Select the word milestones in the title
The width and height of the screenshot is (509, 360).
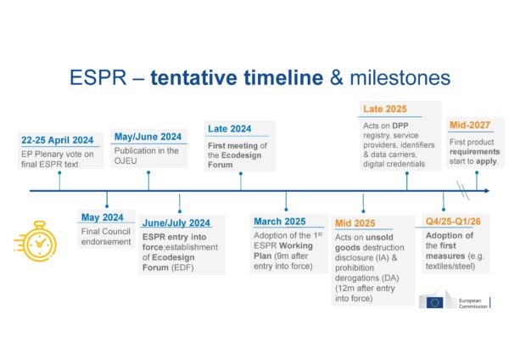pos(396,79)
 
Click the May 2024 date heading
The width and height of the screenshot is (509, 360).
pos(101,217)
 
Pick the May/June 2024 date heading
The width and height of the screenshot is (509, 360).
pos(147,136)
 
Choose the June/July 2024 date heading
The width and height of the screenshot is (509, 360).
pos(176,222)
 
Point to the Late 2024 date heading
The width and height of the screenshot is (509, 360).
pos(229,129)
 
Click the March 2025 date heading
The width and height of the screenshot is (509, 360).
pos(280,222)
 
